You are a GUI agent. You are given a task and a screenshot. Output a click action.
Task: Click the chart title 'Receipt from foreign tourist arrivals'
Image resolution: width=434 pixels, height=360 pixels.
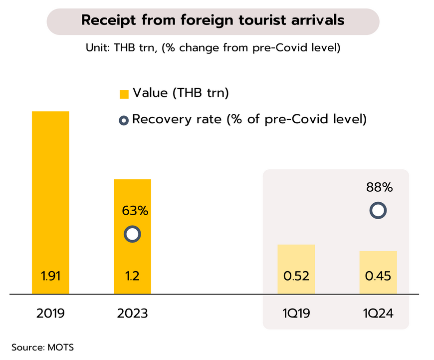coord(213,20)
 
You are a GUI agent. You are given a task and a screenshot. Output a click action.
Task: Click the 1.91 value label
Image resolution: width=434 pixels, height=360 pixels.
coord(50,276)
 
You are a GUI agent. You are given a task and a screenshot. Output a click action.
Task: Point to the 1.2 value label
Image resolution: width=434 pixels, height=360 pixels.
coord(132,276)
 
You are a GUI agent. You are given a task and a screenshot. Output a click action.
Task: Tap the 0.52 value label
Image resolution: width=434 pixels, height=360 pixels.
coord(296,276)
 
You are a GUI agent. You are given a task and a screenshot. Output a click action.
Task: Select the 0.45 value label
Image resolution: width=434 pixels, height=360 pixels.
coord(378,276)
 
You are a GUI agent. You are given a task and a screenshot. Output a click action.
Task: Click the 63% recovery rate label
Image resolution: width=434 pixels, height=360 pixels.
coord(135,211)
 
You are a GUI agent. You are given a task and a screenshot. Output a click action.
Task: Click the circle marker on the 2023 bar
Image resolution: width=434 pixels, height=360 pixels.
coord(132,234)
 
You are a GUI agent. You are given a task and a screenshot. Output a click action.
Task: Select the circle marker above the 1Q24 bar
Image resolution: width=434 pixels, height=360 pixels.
coord(378,210)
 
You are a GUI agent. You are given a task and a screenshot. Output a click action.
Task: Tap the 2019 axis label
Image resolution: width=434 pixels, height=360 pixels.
coord(50,314)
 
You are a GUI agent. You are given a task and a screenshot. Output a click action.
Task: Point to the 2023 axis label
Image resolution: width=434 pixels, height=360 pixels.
coord(132,314)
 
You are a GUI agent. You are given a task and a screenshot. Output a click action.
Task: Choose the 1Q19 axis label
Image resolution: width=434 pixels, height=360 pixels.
coord(296,314)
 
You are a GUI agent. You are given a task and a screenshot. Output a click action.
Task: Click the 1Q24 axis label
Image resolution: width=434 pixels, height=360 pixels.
coord(378,314)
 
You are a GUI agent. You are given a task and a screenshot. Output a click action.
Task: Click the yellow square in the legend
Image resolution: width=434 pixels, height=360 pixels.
coord(124,94)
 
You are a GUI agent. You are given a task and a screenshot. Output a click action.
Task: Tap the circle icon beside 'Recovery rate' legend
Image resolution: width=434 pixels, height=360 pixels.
coord(124,120)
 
